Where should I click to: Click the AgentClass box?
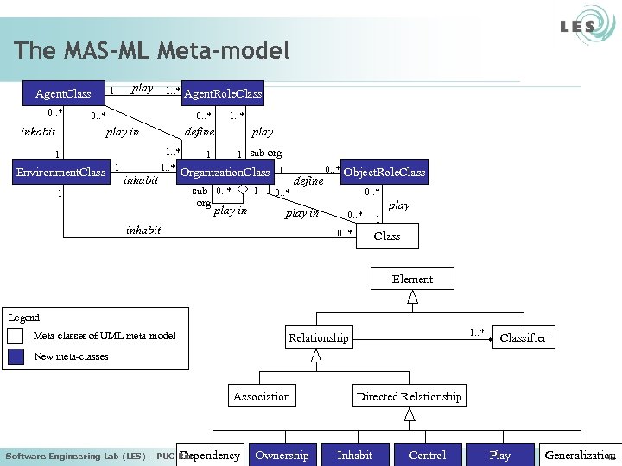62,93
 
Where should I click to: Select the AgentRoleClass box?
222,93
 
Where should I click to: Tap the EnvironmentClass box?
61,173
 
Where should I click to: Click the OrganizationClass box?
225,173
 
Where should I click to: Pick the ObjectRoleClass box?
384,173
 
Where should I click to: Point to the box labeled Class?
386,236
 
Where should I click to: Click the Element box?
412,279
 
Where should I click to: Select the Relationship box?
318,337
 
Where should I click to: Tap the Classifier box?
523,337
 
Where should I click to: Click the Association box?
261,396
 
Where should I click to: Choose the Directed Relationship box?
409,396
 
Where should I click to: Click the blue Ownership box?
282,455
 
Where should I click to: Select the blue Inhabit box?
354,455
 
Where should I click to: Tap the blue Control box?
427,455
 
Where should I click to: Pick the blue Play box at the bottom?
499,455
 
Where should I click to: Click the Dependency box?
211,455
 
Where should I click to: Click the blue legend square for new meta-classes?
15,357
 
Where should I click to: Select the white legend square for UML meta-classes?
15,337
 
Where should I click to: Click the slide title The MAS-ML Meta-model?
151,51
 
